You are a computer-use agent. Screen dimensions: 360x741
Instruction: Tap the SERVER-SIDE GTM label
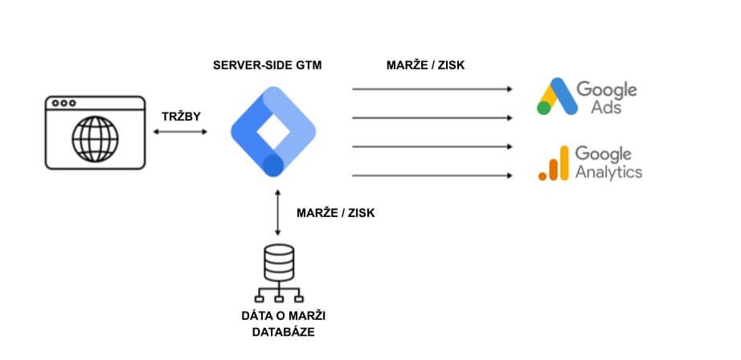tap(267, 64)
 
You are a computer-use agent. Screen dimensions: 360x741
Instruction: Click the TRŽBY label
tap(181, 117)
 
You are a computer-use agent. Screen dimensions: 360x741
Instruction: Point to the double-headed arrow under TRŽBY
tap(181, 131)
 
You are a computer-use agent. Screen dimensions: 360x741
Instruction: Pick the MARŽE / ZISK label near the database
tap(335, 213)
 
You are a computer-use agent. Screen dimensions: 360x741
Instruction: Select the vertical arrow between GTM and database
tap(277, 213)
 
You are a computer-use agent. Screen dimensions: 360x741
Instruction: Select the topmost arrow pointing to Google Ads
tap(432, 89)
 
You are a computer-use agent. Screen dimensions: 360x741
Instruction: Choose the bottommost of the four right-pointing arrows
tap(432, 175)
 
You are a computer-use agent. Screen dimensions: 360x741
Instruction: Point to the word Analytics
tap(609, 171)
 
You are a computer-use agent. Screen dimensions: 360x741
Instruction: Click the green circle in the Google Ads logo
tap(543, 108)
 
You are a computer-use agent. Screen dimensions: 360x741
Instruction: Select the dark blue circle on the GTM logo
tap(274, 166)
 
